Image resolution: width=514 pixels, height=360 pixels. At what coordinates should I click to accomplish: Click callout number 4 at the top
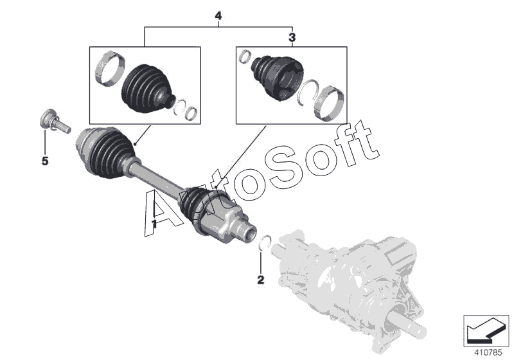click(x=218, y=15)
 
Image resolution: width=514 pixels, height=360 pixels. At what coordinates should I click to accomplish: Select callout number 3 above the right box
click(x=292, y=37)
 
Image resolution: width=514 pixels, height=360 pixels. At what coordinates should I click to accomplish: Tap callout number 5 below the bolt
click(x=45, y=161)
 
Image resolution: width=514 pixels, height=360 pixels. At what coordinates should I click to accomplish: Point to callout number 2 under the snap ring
click(x=261, y=280)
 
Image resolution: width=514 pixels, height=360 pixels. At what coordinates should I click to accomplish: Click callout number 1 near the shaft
click(x=154, y=224)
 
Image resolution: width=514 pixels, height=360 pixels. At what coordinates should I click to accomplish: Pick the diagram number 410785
click(x=488, y=353)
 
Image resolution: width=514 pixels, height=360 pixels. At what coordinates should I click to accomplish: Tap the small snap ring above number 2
click(x=265, y=242)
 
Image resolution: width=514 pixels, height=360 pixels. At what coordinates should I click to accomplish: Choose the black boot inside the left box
click(x=146, y=89)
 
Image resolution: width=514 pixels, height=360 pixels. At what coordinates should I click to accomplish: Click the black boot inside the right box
click(x=278, y=76)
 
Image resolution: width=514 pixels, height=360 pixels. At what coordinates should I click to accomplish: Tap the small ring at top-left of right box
click(x=244, y=57)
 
